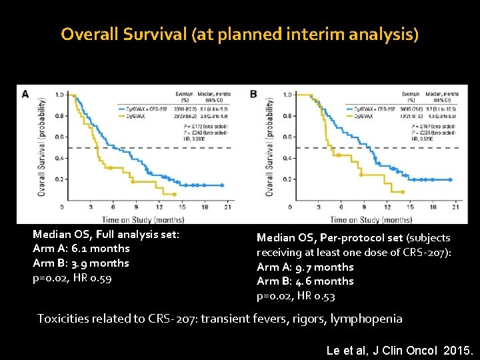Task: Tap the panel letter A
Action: [x=25, y=94]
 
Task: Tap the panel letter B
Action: [x=253, y=94]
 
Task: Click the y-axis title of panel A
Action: [x=42, y=147]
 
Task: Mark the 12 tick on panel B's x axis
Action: [x=389, y=207]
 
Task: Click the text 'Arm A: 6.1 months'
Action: [x=81, y=248]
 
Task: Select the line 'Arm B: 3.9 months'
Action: [x=81, y=263]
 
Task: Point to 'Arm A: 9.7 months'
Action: [x=305, y=267]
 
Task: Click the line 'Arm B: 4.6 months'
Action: [x=305, y=281]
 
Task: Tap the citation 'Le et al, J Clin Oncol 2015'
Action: [x=401, y=349]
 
